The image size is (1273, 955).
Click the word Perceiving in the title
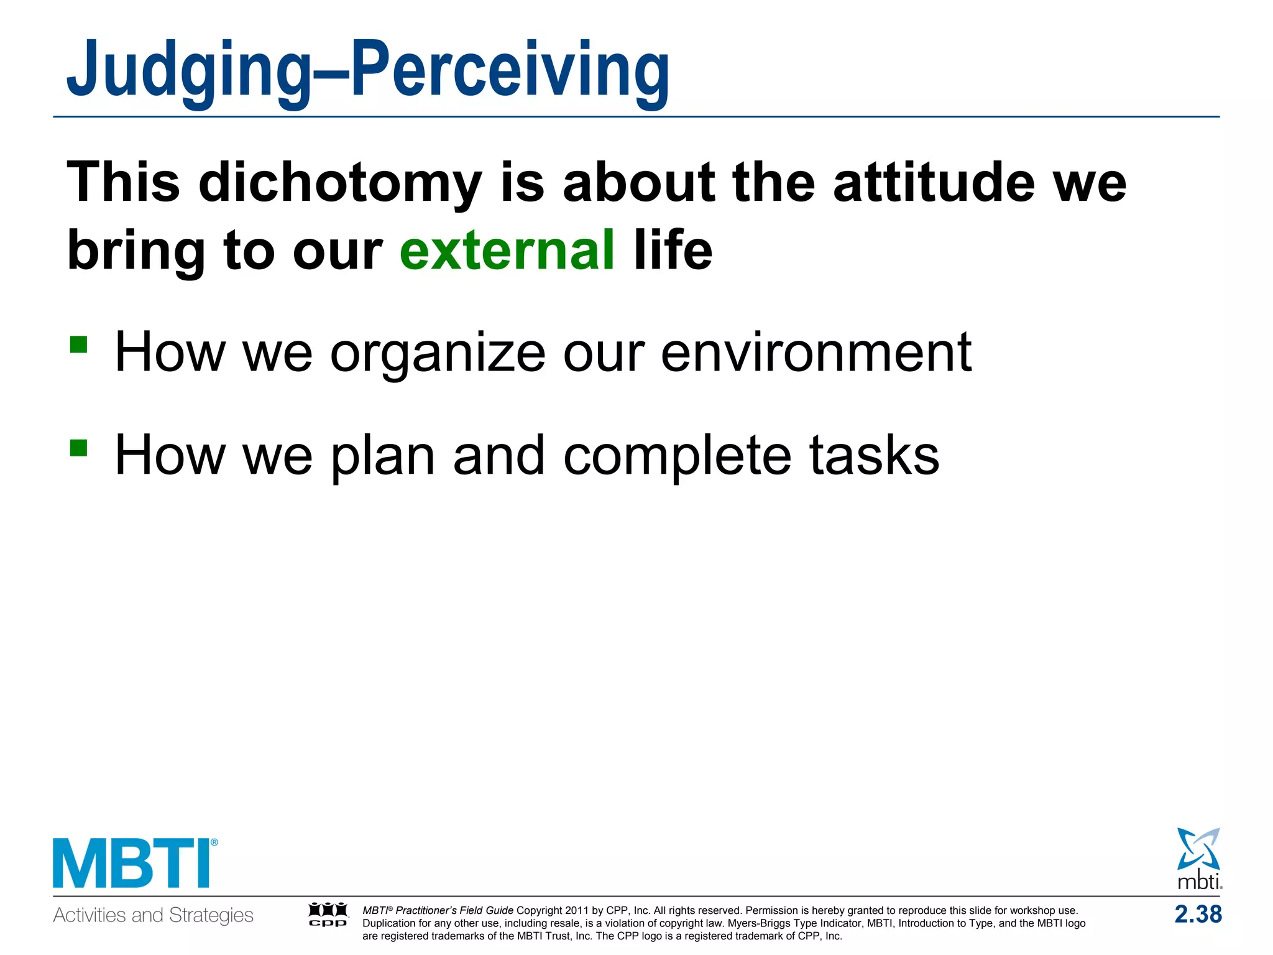pos(510,70)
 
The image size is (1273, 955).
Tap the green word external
pos(507,250)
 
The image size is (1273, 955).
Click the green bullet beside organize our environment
pos(78,344)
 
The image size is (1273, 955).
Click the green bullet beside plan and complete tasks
pos(78,448)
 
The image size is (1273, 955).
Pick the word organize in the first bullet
pos(438,353)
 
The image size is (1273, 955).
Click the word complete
pos(677,456)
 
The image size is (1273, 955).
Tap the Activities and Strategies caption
pos(153,915)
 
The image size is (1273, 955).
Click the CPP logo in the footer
pos(328,915)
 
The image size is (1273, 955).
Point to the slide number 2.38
pos(1198,915)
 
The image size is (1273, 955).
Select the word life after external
pos(673,250)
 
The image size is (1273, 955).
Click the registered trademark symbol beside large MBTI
pos(214,843)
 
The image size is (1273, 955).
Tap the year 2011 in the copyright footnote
pos(576,910)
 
